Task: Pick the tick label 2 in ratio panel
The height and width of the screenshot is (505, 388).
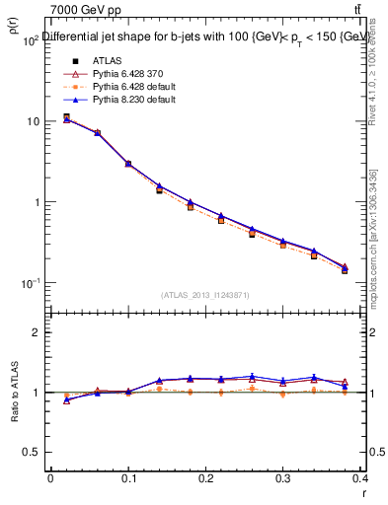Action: (37, 332)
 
